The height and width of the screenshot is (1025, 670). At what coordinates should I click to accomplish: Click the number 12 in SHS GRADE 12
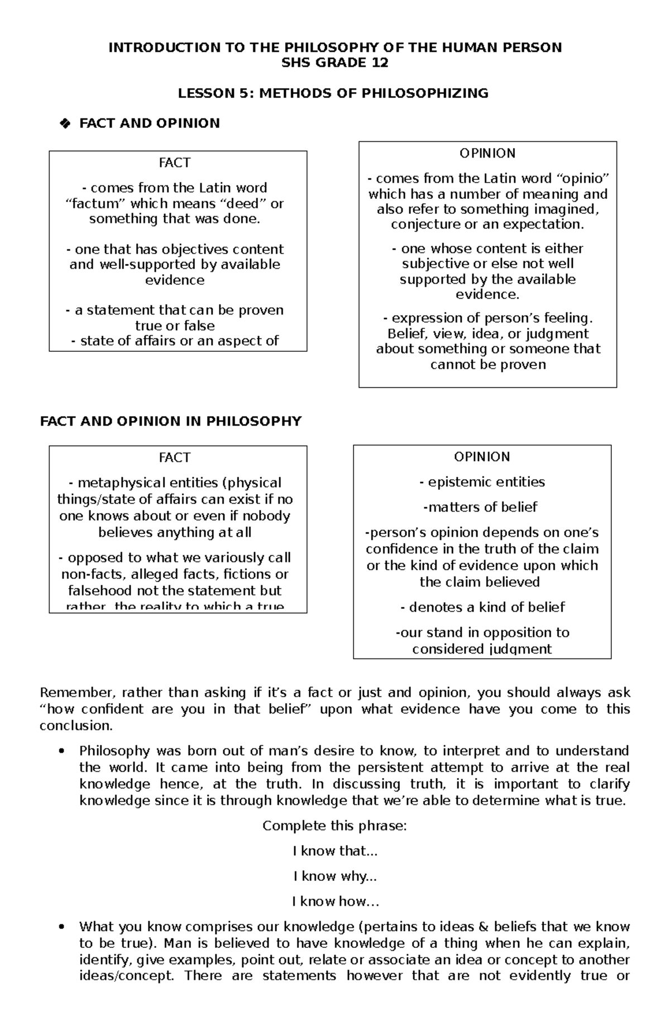tap(380, 63)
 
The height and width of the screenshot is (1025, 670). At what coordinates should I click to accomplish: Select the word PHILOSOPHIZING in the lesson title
tap(425, 93)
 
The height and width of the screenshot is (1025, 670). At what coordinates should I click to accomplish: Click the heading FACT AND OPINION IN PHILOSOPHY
tap(171, 421)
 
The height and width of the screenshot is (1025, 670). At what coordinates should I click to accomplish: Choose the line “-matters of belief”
tap(481, 507)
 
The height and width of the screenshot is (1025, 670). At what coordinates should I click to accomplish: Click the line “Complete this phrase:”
tap(334, 826)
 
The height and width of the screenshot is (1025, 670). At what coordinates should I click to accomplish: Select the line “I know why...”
tap(335, 876)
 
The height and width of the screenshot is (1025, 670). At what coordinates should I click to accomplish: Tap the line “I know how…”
tap(335, 901)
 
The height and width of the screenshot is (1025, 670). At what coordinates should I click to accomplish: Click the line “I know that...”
tap(335, 851)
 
